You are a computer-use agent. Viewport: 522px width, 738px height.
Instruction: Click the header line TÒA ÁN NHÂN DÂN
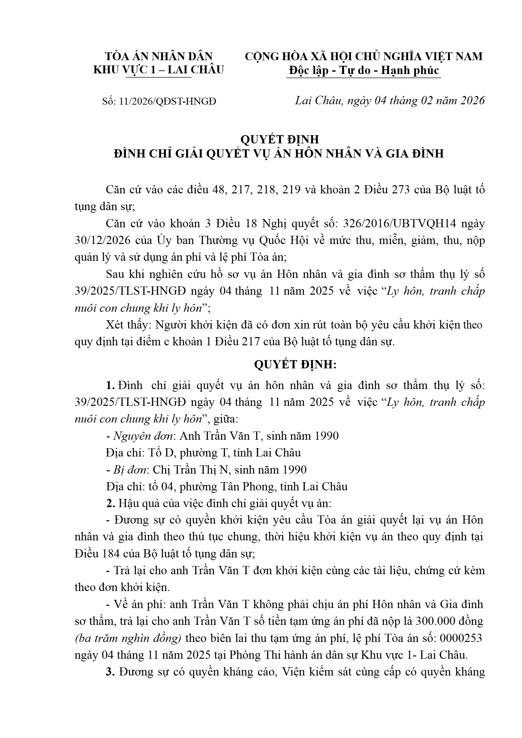[x=159, y=56]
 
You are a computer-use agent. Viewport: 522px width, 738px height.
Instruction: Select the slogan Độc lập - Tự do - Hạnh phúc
[x=364, y=70]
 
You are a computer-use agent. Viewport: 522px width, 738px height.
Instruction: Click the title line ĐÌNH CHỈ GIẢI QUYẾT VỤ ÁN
[x=279, y=154]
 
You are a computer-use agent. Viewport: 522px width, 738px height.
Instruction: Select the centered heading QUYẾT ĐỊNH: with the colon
[x=295, y=365]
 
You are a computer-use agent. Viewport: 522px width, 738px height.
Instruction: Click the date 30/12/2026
[x=102, y=240]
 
